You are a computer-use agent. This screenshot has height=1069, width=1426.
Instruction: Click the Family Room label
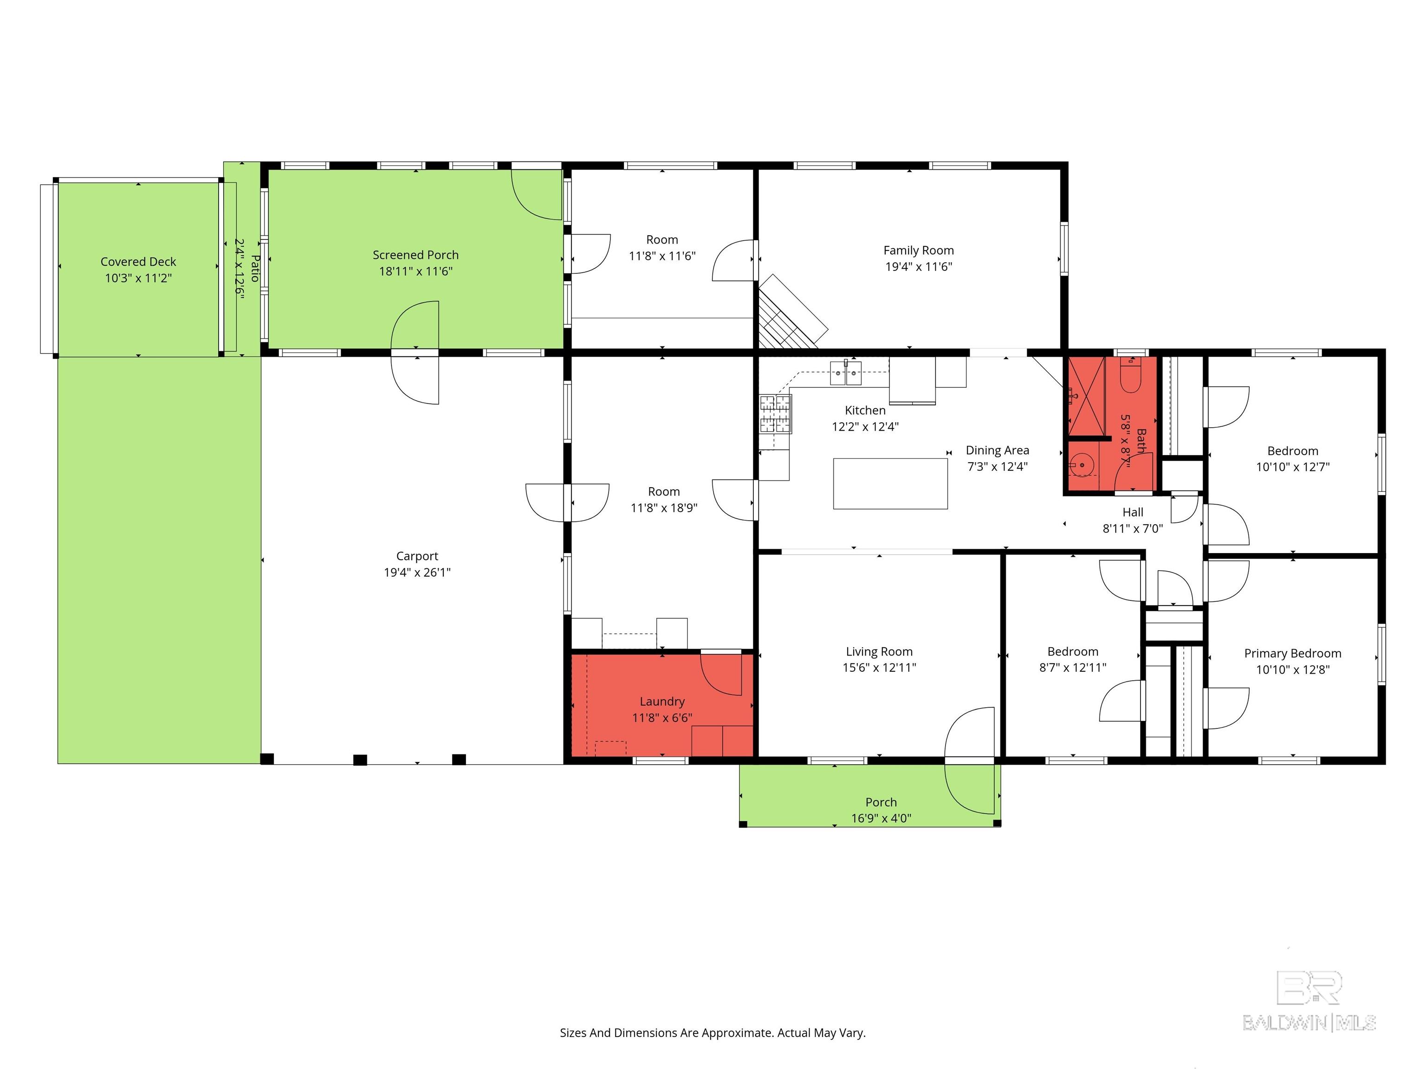coord(918,250)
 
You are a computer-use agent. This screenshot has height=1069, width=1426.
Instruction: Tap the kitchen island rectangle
coord(890,483)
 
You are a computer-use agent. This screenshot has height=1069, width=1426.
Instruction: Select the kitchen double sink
coord(845,373)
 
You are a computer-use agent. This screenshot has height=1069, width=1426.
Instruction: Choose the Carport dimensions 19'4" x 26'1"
coord(417,572)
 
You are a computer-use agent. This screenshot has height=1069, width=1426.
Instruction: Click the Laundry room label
coord(662,701)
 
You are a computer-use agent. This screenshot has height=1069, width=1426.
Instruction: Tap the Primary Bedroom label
coord(1292,653)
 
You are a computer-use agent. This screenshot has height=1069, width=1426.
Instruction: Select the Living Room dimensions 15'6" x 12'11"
coord(879,668)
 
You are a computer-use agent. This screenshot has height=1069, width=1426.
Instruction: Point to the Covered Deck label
coord(138,262)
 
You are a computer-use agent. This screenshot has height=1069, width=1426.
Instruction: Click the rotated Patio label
coord(255,268)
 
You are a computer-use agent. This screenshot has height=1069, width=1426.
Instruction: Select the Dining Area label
coord(997,450)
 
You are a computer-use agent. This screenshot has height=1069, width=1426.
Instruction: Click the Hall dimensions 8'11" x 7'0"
coord(1132,528)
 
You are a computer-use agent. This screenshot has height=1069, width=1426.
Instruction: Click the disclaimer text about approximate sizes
coord(713,1032)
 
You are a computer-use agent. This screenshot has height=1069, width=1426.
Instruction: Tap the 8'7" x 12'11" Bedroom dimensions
coord(1072,668)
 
